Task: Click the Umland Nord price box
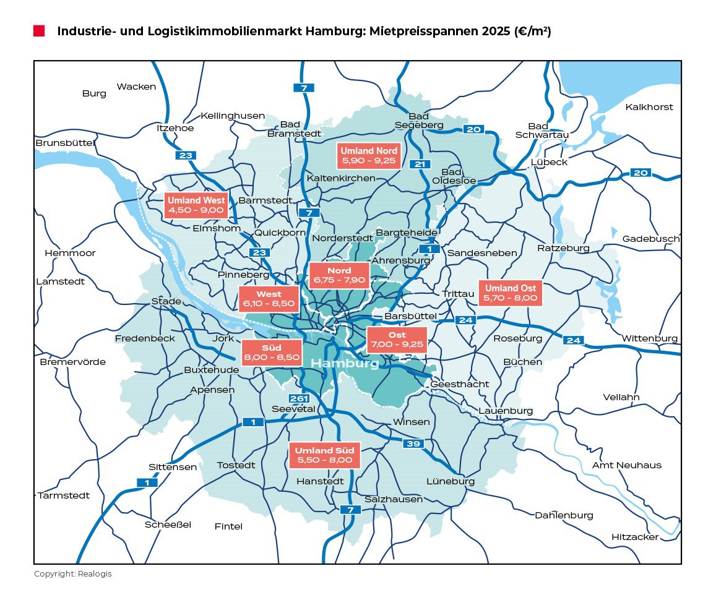[369, 157]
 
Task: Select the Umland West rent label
[197, 205]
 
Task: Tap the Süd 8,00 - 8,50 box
[272, 353]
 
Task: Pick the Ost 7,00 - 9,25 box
[397, 340]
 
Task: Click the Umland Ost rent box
[511, 293]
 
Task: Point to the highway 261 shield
[299, 398]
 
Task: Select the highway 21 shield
[420, 164]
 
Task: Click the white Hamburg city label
[345, 363]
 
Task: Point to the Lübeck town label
[549, 162]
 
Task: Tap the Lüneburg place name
[451, 481]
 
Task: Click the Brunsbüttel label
[64, 143]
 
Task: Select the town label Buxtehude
[212, 370]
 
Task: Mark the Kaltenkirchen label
[341, 178]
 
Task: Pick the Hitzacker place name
[635, 537]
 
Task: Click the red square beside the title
[39, 31]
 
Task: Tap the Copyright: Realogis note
[73, 574]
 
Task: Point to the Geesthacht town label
[459, 384]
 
